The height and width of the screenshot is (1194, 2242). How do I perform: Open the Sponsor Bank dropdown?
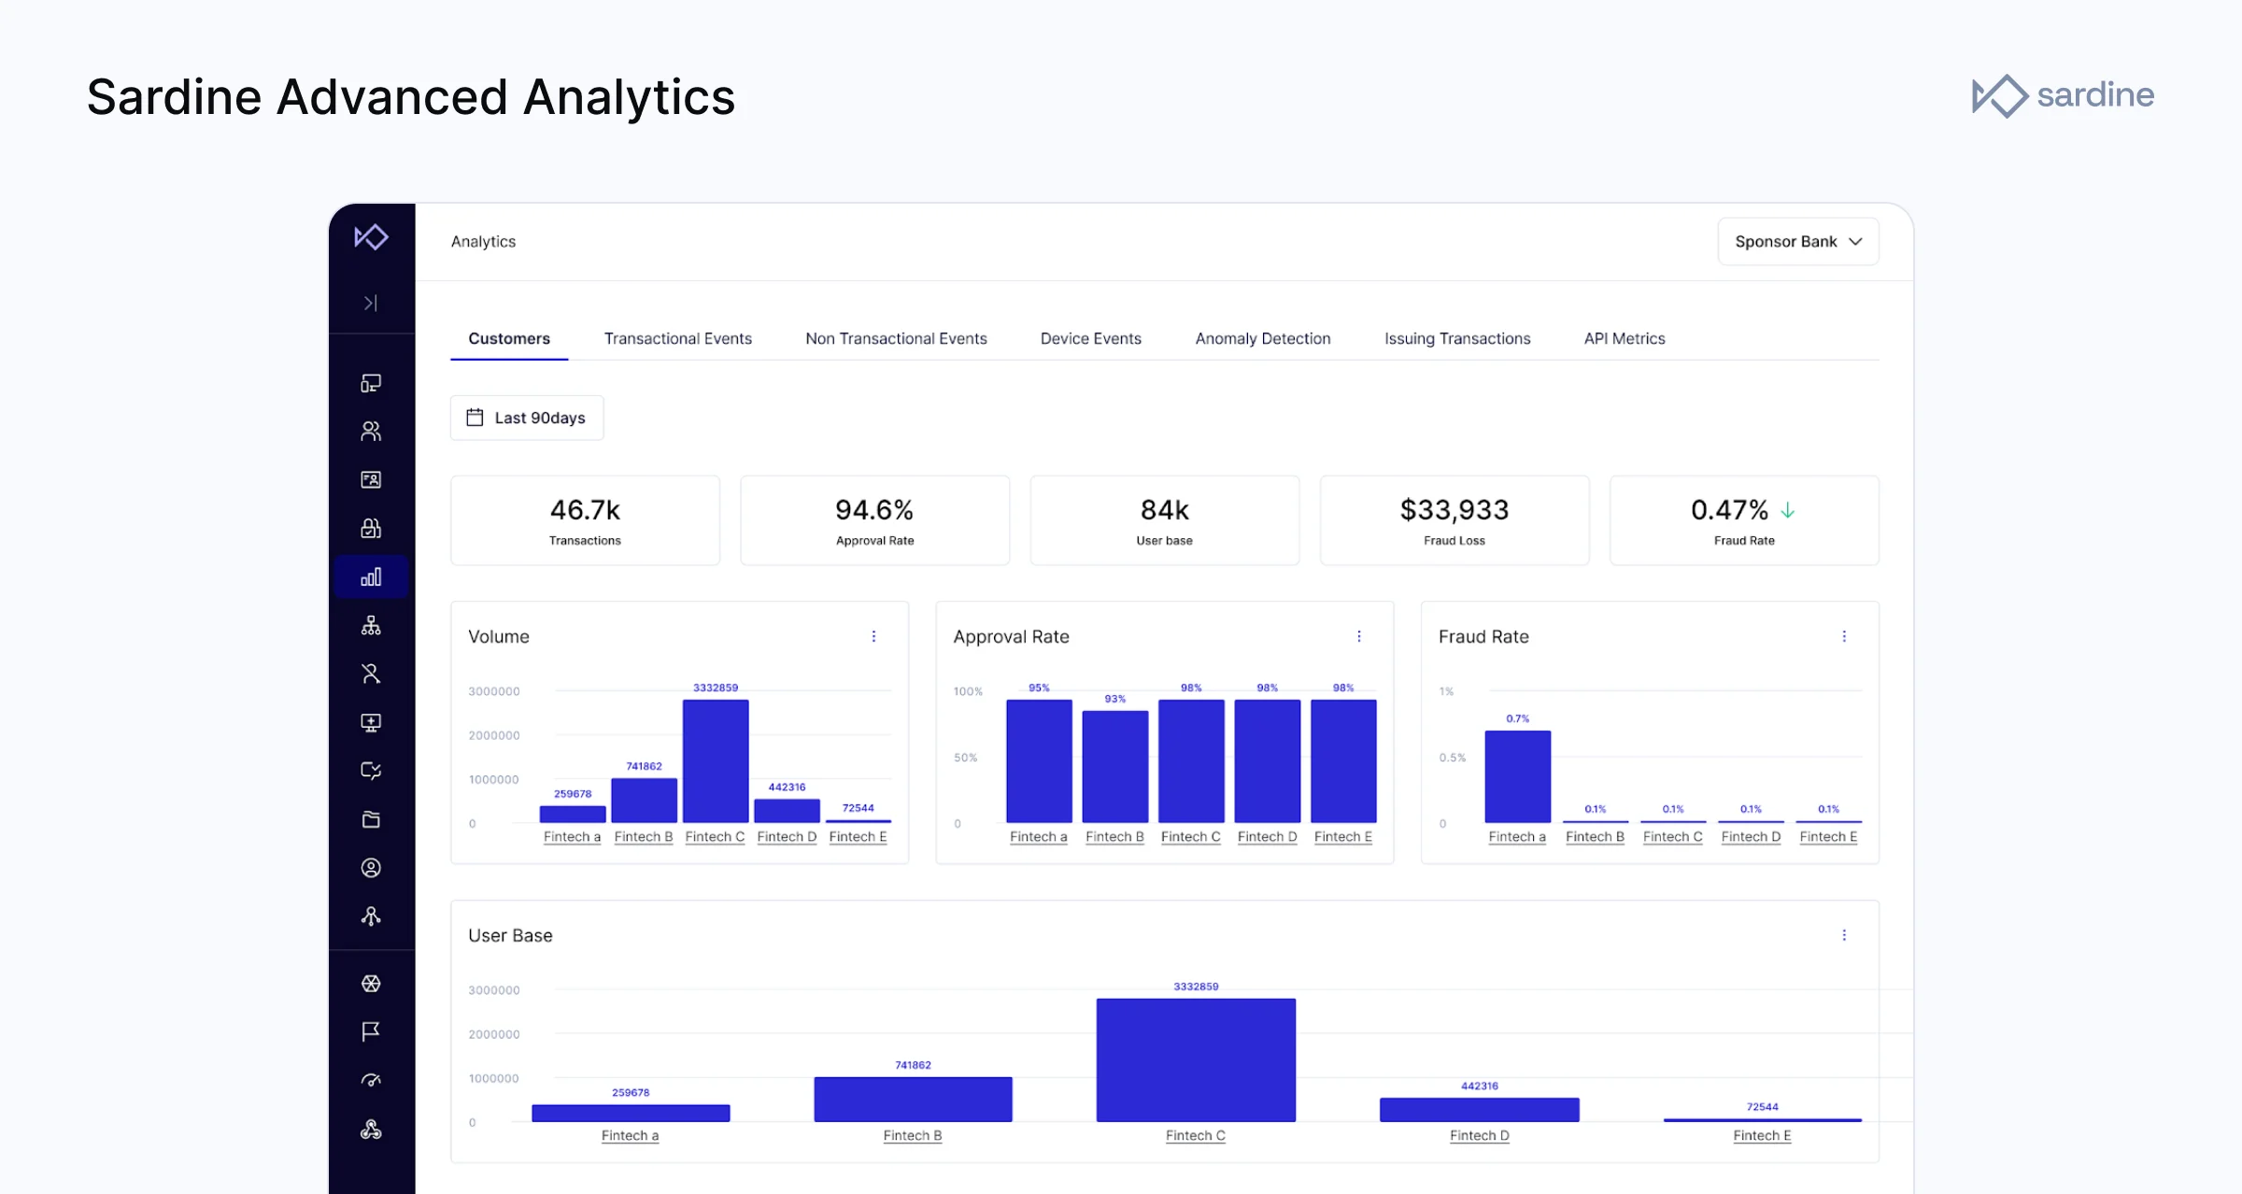coord(1797,242)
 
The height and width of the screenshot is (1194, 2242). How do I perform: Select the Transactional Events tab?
coord(677,338)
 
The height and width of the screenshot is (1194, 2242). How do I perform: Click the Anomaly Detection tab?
coord(1262,338)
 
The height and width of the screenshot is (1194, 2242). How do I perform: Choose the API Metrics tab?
coord(1624,338)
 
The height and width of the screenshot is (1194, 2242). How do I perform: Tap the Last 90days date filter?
coord(527,418)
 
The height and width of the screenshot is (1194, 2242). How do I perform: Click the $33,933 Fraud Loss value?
coord(1454,510)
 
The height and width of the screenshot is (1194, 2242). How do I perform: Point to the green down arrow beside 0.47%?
coord(1787,510)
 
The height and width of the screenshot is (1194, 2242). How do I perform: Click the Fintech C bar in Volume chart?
coord(716,760)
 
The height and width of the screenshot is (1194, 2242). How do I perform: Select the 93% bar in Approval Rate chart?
coord(1114,766)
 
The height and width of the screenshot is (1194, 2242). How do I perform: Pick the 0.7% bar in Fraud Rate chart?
coord(1517,775)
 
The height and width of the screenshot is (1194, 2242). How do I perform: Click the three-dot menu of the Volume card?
coord(873,636)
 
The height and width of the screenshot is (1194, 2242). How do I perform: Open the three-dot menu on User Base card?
coord(1843,935)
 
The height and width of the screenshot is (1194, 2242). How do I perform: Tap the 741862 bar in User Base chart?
coord(913,1099)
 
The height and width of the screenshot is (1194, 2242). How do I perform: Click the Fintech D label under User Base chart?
coord(1479,1135)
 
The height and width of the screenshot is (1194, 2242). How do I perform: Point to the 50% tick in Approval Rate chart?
coord(965,758)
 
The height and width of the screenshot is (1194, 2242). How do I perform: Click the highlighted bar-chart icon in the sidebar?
coord(371,576)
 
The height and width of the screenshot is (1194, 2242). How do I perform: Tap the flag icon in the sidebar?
coord(371,1031)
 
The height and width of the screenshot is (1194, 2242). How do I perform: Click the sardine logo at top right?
coord(2063,95)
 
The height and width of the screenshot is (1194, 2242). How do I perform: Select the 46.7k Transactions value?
coord(585,510)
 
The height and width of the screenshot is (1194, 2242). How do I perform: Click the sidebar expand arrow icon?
coord(371,303)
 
